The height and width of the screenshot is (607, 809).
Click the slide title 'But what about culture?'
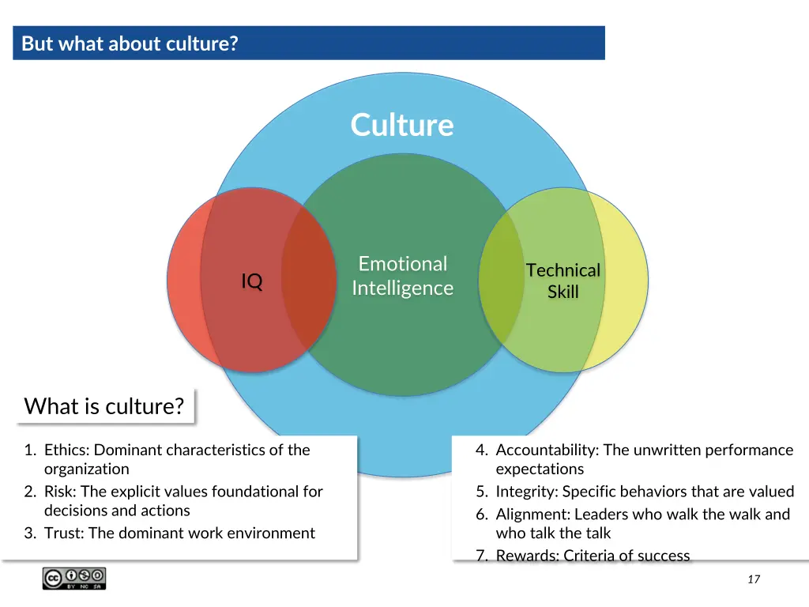click(130, 43)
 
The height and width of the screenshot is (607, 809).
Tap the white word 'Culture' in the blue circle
click(402, 125)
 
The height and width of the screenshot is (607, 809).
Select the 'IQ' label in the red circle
click(252, 281)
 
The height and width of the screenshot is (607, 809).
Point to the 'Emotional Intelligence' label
click(402, 275)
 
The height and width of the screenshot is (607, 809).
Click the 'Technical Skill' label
click(563, 281)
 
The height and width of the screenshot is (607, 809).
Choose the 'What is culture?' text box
click(104, 406)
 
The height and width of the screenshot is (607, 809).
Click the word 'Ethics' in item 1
click(66, 450)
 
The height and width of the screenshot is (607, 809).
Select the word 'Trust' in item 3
click(63, 533)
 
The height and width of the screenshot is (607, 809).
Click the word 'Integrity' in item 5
click(526, 492)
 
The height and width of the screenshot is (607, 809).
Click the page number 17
click(753, 579)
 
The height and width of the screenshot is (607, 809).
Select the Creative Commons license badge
click(74, 579)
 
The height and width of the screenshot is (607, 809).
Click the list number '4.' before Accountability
click(481, 450)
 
